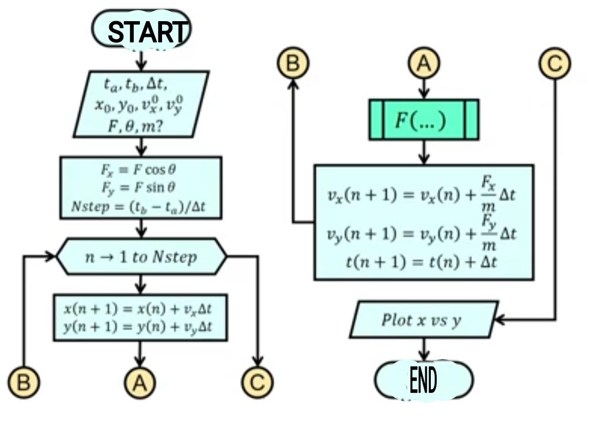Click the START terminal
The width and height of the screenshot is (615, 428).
click(141, 30)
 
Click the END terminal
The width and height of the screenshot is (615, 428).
click(424, 381)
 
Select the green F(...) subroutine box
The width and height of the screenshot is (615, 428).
click(424, 120)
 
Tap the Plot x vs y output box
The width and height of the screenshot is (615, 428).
click(424, 320)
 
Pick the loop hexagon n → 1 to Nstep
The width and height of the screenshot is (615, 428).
click(141, 257)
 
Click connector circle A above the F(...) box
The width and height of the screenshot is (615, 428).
click(424, 64)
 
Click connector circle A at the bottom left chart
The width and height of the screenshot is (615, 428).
click(140, 383)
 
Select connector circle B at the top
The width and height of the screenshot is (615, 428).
click(293, 64)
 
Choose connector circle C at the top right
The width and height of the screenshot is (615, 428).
click(555, 64)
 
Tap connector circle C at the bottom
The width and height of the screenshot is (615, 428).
click(257, 383)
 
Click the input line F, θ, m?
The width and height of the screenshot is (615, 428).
click(134, 126)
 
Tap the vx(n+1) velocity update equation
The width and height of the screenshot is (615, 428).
click(422, 194)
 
